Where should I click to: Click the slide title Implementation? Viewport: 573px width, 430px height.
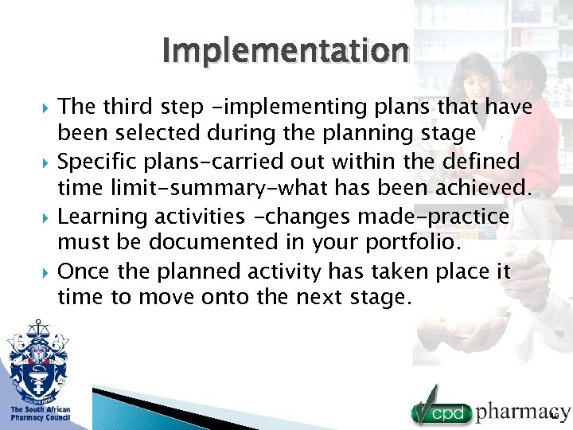point(285,51)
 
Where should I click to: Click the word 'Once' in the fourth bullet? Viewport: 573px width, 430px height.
point(84,272)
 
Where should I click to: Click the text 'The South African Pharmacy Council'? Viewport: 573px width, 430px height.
point(40,414)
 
